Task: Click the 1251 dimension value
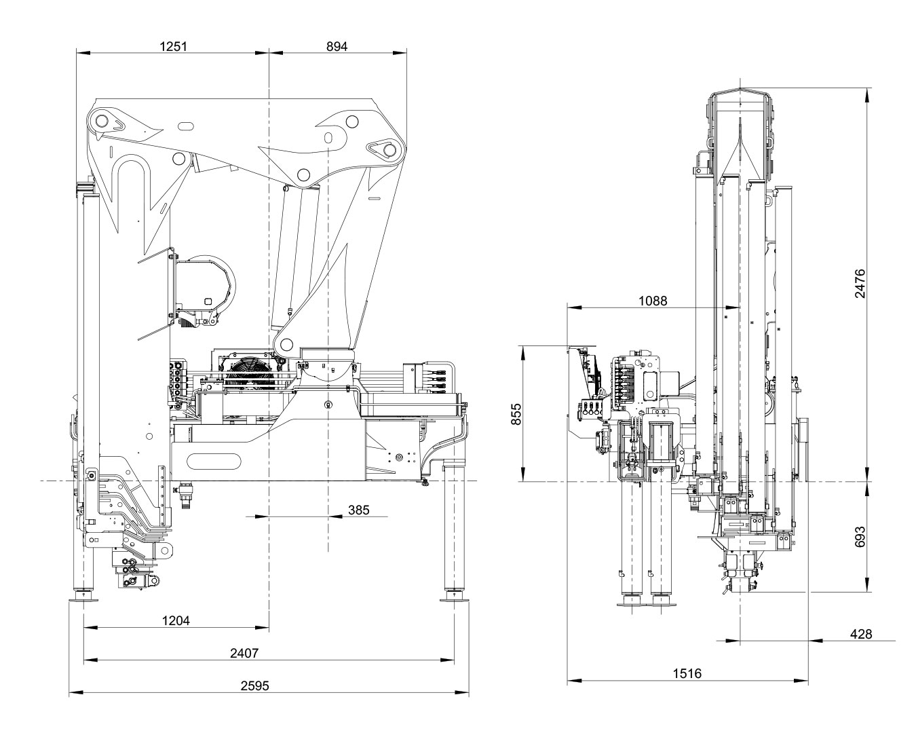(173, 46)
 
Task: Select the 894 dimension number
(337, 46)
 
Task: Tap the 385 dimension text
(358, 510)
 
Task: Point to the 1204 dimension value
(176, 620)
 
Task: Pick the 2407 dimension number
(244, 653)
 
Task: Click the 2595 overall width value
(254, 685)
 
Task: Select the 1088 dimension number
(653, 301)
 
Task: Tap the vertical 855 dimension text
(516, 413)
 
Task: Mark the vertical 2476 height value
(860, 283)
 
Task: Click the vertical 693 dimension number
(860, 537)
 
